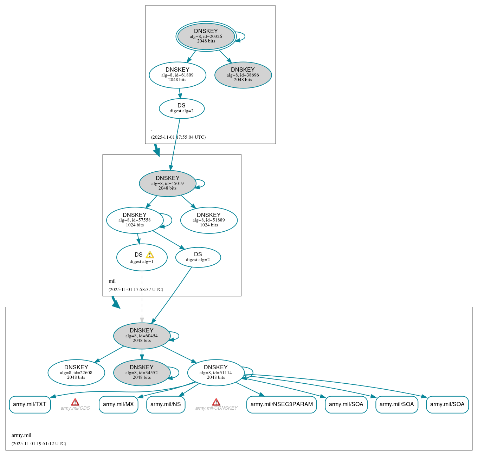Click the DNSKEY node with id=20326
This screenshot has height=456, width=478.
pyautogui.click(x=206, y=36)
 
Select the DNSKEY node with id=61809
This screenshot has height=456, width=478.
pyautogui.click(x=177, y=75)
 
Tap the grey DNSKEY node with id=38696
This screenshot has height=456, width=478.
pyautogui.click(x=243, y=75)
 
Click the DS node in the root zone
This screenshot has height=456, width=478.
pyautogui.click(x=181, y=108)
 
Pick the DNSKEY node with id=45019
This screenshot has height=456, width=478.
pyautogui.click(x=168, y=183)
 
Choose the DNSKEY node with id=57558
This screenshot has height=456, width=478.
pyautogui.click(x=135, y=220)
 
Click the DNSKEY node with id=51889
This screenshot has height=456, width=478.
pyautogui.click(x=209, y=220)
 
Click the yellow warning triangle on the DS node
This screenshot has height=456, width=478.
pyautogui.click(x=150, y=255)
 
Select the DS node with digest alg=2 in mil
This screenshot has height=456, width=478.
pyautogui.click(x=198, y=257)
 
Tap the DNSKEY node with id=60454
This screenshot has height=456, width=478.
pyautogui.click(x=142, y=336)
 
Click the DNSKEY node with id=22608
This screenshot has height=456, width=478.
pyautogui.click(x=76, y=372)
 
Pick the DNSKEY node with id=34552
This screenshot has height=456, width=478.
pyautogui.click(x=142, y=372)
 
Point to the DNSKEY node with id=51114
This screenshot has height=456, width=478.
pyautogui.click(x=216, y=372)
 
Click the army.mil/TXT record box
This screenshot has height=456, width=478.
pyautogui.click(x=30, y=404)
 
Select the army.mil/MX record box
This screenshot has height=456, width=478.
pyautogui.click(x=118, y=404)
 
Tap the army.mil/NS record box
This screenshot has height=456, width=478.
pyautogui.click(x=166, y=404)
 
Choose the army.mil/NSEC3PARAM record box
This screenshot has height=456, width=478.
pyautogui.click(x=282, y=404)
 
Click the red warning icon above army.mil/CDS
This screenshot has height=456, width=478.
pyautogui.click(x=75, y=402)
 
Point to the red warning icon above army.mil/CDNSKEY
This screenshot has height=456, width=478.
pyautogui.click(x=216, y=402)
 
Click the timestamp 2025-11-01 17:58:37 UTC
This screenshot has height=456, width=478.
pyautogui.click(x=136, y=290)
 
